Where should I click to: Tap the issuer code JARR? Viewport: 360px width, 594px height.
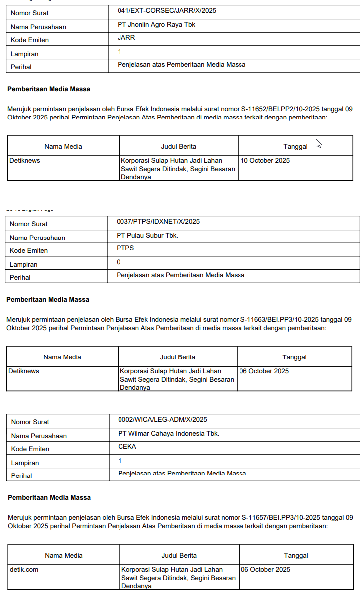[x=126, y=37]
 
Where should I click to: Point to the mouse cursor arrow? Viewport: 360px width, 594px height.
[x=318, y=143]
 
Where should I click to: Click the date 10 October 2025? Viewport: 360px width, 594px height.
[x=265, y=161]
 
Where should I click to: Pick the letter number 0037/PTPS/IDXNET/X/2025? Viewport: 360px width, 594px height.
[x=158, y=221]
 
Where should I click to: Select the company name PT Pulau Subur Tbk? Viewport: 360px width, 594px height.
[x=147, y=235]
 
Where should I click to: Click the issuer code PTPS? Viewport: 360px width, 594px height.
[x=125, y=248]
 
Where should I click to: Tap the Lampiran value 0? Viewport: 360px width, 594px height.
[x=119, y=262]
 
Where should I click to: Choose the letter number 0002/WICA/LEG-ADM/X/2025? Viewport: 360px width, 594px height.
[x=162, y=420]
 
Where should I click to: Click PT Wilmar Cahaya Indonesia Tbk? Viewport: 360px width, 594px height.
[x=168, y=434]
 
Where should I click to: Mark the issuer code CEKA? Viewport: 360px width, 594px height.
[x=127, y=447]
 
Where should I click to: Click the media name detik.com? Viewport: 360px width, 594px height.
[x=24, y=569]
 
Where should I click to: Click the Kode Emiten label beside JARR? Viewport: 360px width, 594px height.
[x=30, y=40]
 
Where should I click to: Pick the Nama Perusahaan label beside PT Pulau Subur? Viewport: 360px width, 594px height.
[x=37, y=238]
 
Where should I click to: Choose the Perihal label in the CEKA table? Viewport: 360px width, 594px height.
[x=22, y=475]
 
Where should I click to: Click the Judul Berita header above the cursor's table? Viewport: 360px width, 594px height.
[x=178, y=146]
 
